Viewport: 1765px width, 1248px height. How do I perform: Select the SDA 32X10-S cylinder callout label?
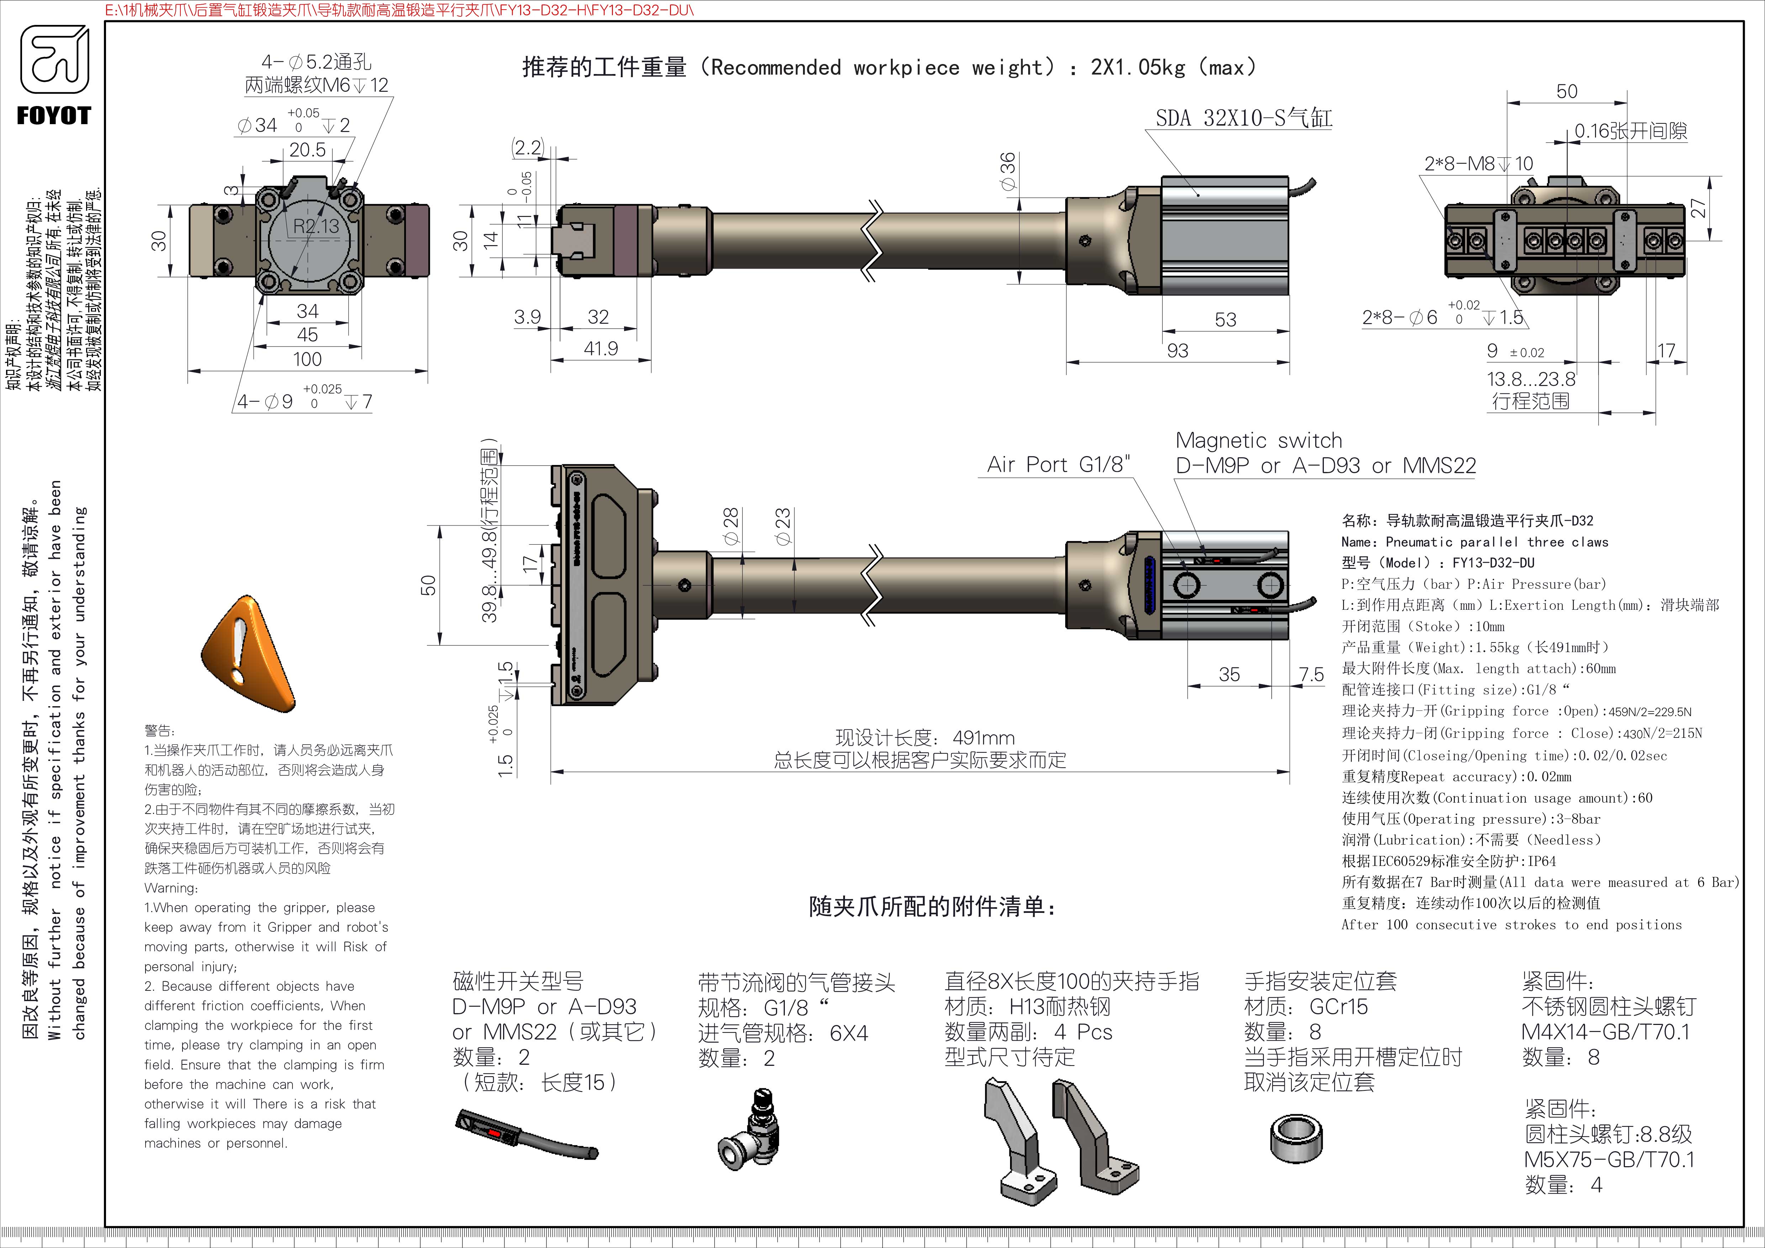[1243, 118]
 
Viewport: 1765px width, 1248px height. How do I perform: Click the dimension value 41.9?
[601, 349]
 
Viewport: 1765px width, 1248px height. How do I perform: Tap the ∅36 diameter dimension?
[1008, 172]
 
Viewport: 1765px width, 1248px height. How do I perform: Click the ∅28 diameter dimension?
[731, 527]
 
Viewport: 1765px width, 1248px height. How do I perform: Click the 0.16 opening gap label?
[1630, 131]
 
